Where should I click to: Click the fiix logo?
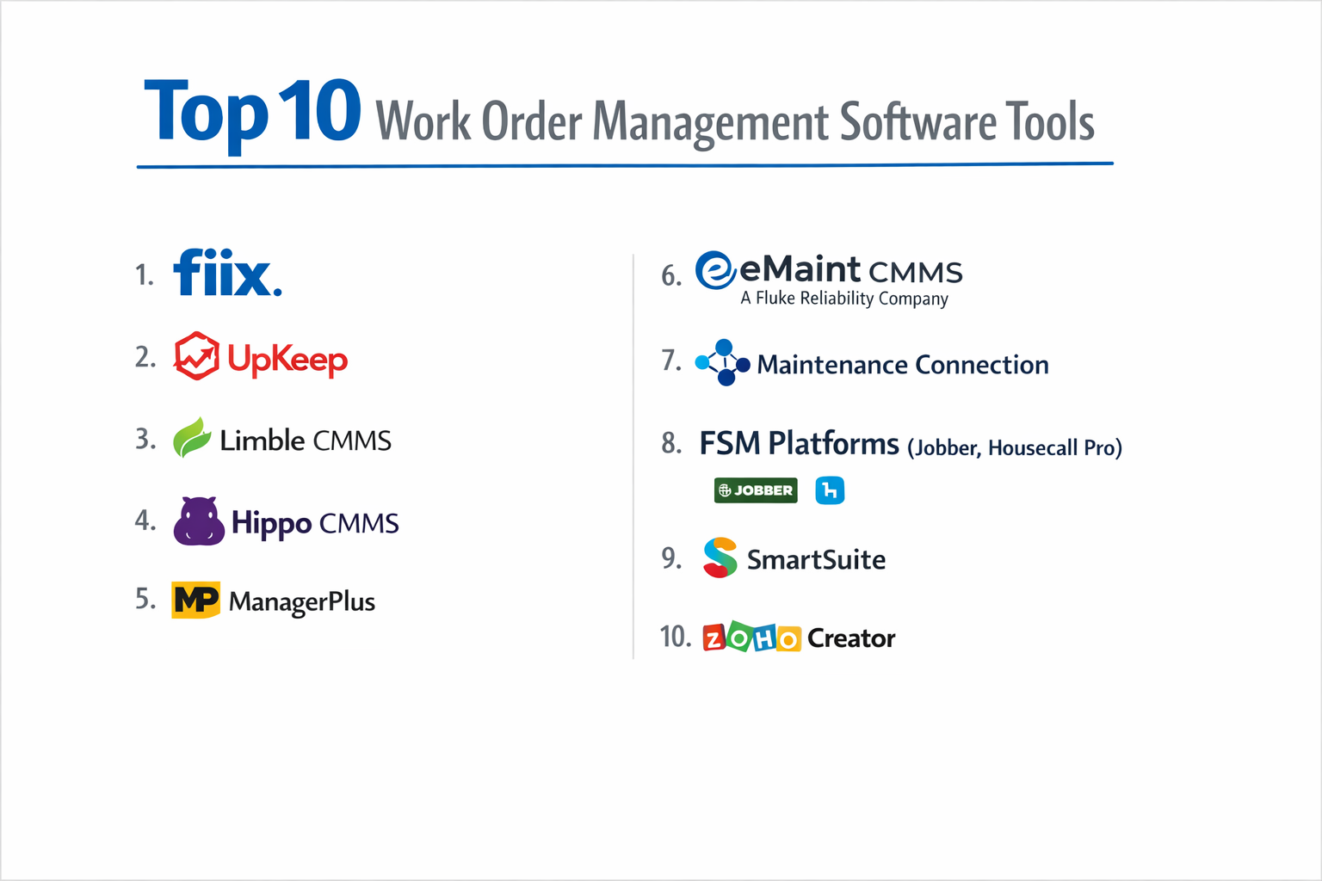(x=227, y=274)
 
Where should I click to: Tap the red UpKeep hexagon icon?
(x=196, y=355)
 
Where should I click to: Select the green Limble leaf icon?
(x=192, y=437)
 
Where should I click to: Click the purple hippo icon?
(x=199, y=521)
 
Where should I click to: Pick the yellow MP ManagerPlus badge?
(x=195, y=600)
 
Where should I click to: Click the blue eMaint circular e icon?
(x=715, y=270)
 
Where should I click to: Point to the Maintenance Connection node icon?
(x=722, y=362)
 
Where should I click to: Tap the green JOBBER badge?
(x=756, y=490)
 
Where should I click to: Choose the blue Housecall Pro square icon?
(x=830, y=490)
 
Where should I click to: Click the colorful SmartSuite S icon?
(x=720, y=558)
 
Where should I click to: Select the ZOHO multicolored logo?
(x=751, y=638)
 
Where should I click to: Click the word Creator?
(x=851, y=638)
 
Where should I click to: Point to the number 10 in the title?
(x=319, y=111)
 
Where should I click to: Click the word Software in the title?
(x=917, y=122)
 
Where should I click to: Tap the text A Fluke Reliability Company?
(x=844, y=299)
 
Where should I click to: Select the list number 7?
(x=670, y=360)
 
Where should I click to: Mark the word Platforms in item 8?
(x=833, y=444)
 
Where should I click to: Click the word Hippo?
(x=271, y=523)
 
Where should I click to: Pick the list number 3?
(x=145, y=440)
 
